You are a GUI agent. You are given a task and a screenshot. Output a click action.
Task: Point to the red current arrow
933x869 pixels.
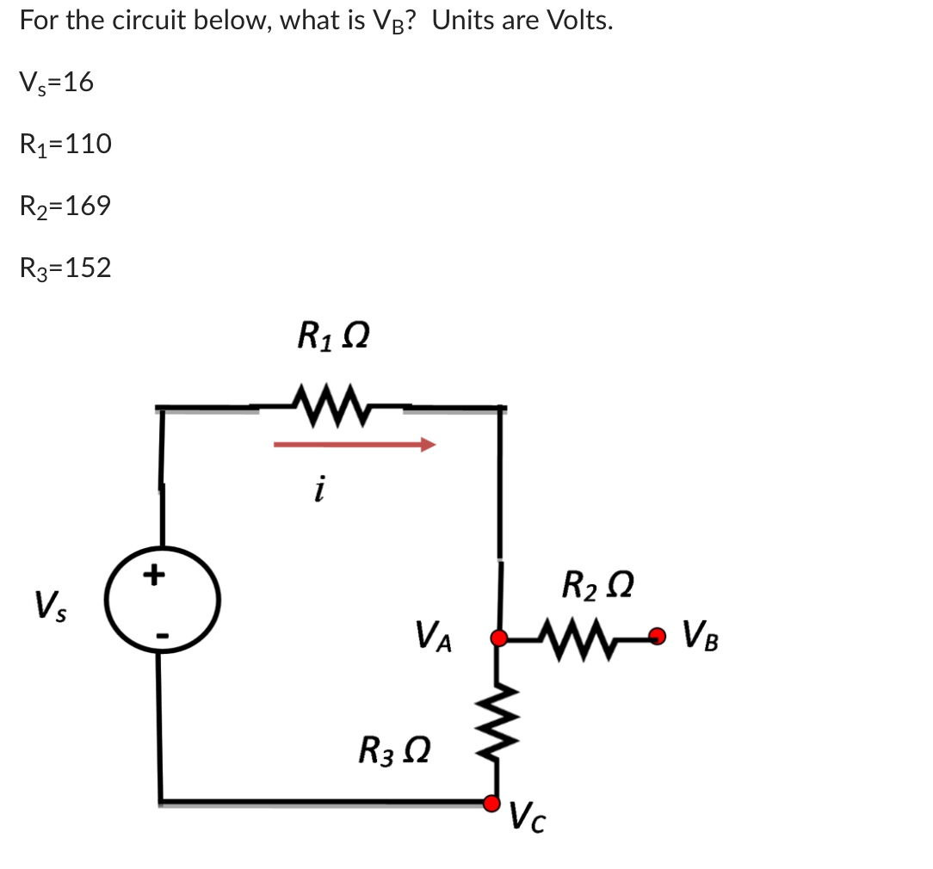point(355,445)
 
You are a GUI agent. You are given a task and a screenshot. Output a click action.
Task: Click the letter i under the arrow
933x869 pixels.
point(319,490)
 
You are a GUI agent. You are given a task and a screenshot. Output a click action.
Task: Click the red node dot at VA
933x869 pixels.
point(497,638)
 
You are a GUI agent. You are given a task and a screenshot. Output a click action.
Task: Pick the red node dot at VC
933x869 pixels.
point(491,803)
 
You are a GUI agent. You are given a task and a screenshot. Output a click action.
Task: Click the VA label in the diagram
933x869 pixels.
point(436,638)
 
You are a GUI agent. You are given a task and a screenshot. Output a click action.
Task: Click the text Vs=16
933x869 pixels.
point(56,83)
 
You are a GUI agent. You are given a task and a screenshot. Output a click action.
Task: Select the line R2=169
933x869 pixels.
point(65,206)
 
